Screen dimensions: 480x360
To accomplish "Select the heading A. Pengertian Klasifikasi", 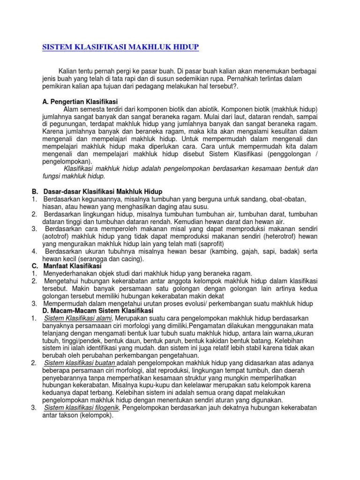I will (80, 102).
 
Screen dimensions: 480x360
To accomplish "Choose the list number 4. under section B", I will (34, 251).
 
